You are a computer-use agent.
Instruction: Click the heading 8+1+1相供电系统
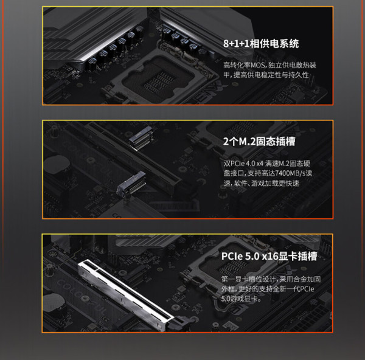pyautogui.click(x=261, y=44)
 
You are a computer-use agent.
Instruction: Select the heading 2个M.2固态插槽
pyautogui.click(x=259, y=142)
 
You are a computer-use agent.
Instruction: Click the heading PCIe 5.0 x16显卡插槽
pyautogui.click(x=269, y=256)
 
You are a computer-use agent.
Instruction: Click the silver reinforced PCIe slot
pyautogui.click(x=126, y=295)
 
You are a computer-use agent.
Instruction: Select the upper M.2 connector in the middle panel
pyautogui.click(x=142, y=138)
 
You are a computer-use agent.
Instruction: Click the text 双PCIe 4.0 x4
pyautogui.click(x=243, y=164)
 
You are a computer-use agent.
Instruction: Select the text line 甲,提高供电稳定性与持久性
pyautogui.click(x=266, y=75)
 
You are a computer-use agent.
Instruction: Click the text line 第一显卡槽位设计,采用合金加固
pyautogui.click(x=271, y=279)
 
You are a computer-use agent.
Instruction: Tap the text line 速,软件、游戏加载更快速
pyautogui.click(x=261, y=184)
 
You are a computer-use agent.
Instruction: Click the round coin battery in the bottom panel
pyautogui.click(x=55, y=302)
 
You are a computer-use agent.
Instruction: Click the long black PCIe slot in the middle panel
pyautogui.click(x=133, y=158)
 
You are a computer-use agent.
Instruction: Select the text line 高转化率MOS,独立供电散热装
pyautogui.click(x=269, y=65)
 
